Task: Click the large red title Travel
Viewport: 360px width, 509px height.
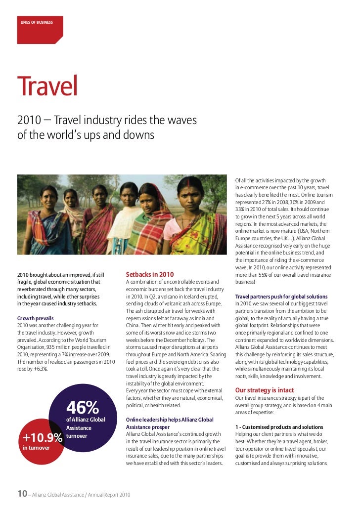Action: [47, 87]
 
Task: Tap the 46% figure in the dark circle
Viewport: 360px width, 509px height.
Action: [83, 408]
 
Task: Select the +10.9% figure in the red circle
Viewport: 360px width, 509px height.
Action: [43, 438]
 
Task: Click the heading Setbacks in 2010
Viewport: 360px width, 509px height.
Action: [150, 274]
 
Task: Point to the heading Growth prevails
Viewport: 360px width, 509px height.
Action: [36, 318]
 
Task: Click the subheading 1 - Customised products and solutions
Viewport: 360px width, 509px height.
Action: [279, 427]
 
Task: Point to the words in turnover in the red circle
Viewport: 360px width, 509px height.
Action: [36, 448]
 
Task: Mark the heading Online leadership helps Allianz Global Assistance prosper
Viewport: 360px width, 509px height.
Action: [170, 423]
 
